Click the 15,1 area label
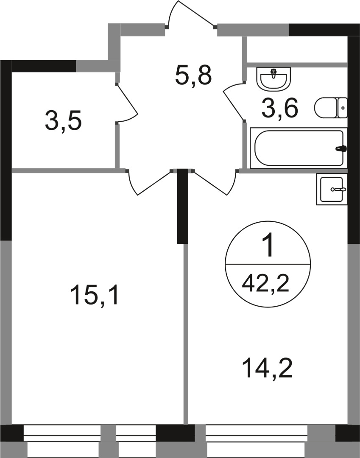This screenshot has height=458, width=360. (x=96, y=295)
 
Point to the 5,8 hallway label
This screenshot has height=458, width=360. (x=193, y=75)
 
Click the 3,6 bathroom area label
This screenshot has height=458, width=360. (x=280, y=108)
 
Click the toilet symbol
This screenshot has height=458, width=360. (x=331, y=108)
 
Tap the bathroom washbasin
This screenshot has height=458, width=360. (x=274, y=79)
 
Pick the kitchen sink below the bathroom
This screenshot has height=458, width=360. (x=332, y=189)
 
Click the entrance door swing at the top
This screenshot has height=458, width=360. (x=192, y=15)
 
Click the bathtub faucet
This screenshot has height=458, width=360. (x=341, y=149)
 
